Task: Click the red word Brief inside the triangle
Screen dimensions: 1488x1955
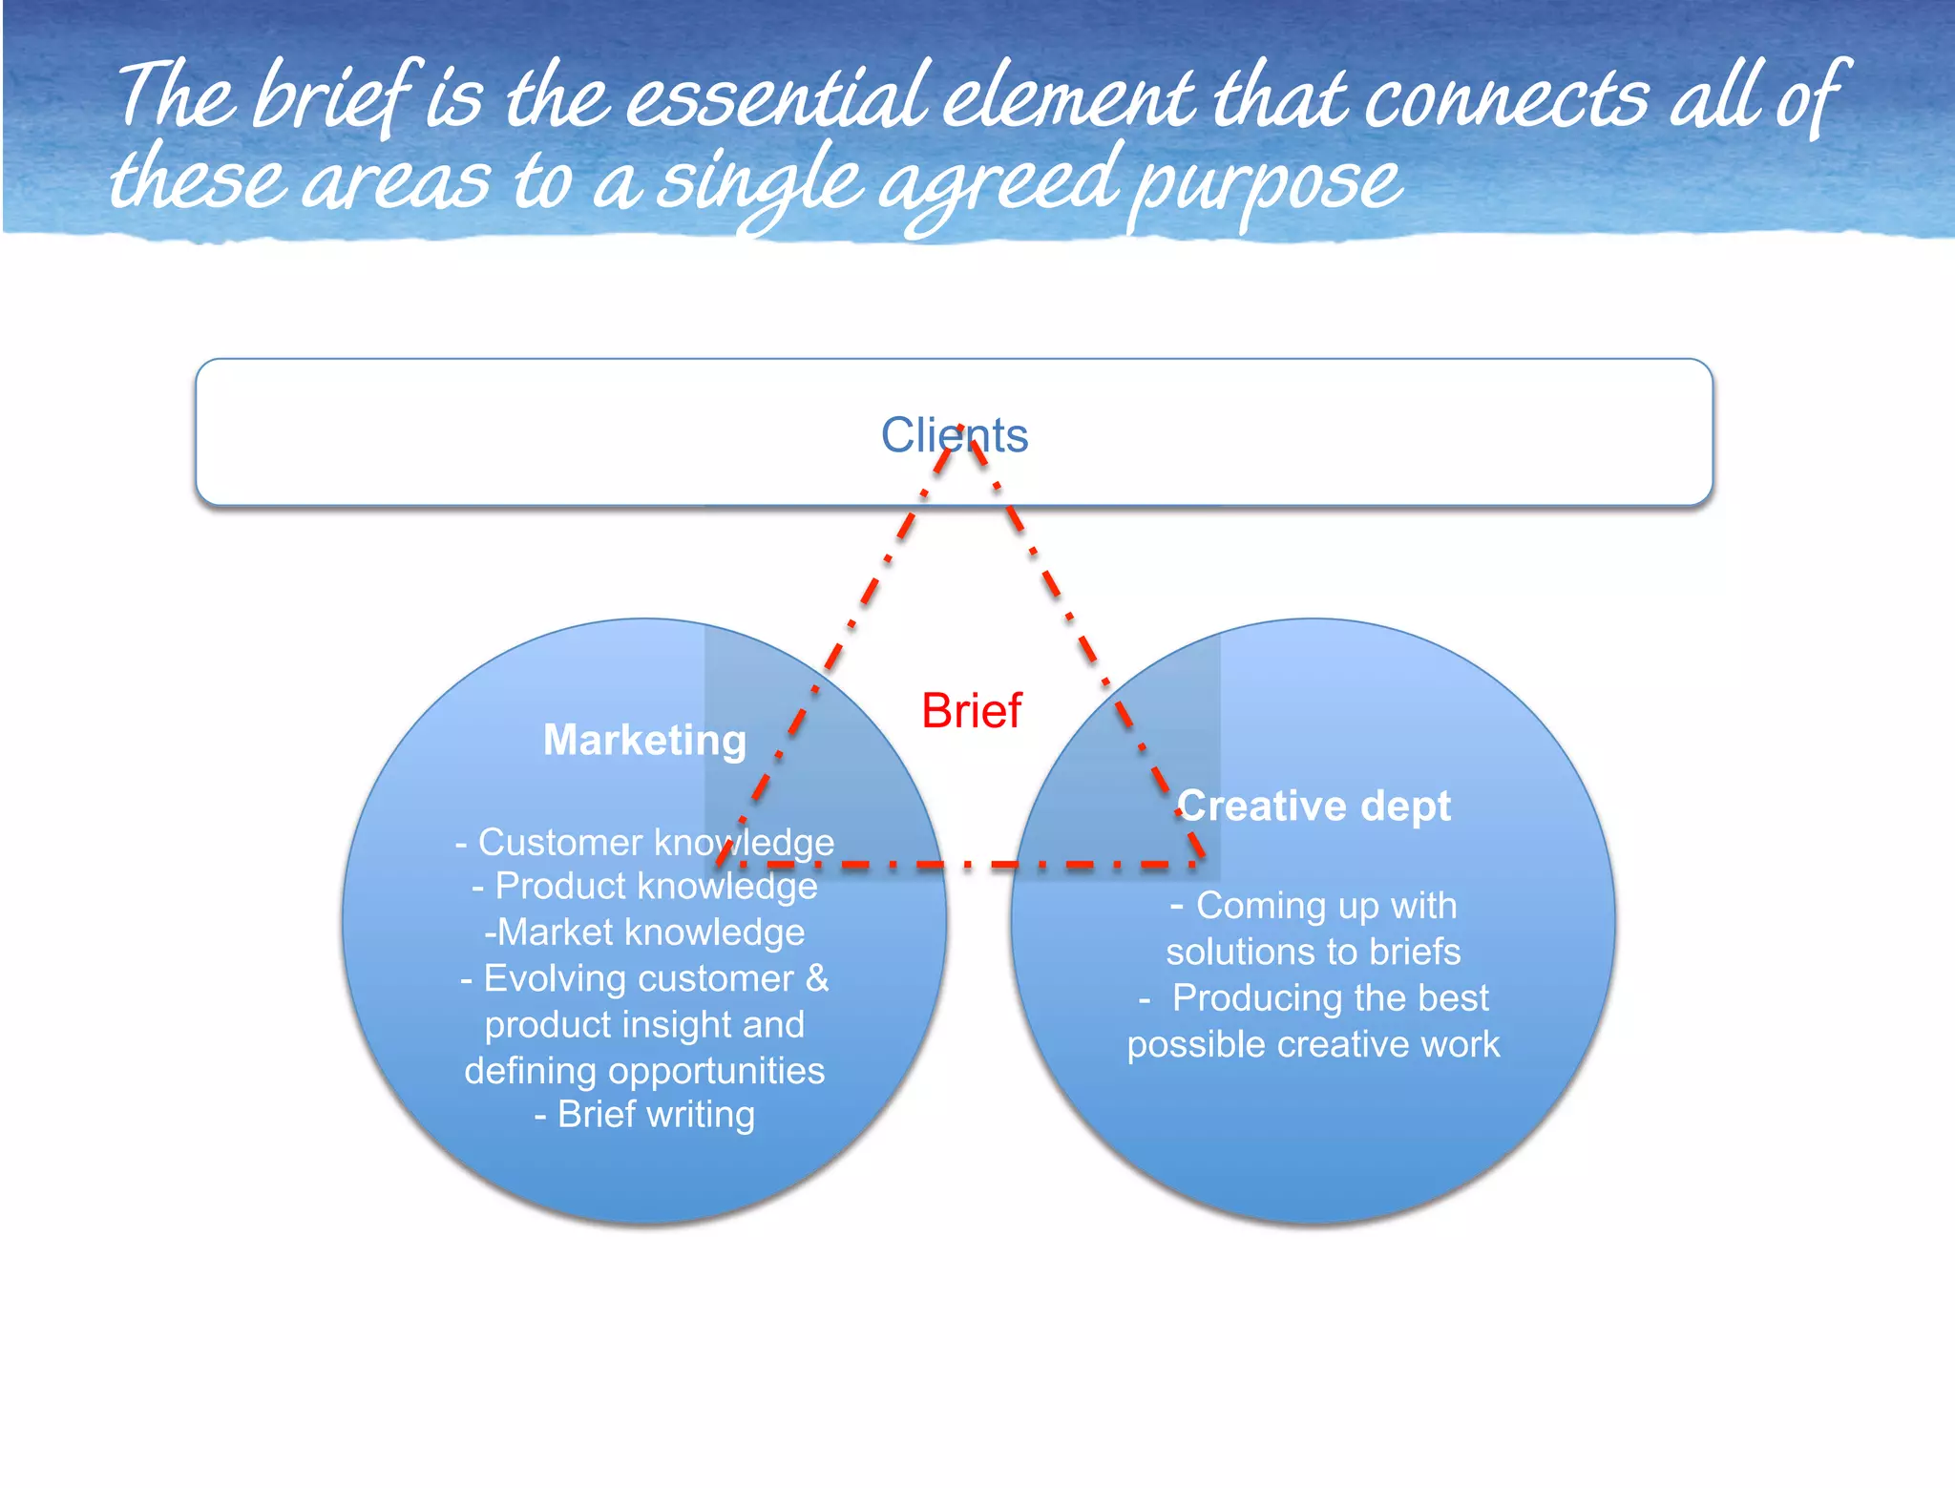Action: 971,711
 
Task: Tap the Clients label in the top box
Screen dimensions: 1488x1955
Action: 954,435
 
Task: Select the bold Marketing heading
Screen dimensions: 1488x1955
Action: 644,741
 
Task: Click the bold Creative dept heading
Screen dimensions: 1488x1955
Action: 1314,807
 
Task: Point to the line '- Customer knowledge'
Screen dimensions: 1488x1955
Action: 644,843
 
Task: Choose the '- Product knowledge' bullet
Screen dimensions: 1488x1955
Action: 644,887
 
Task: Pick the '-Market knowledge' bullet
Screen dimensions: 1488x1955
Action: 644,933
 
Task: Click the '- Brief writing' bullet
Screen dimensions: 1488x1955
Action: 644,1115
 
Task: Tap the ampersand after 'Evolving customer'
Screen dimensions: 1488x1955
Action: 817,978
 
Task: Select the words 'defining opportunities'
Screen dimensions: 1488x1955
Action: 644,1071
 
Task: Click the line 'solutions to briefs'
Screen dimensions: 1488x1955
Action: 1314,953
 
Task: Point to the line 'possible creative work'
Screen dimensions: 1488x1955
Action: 1314,1044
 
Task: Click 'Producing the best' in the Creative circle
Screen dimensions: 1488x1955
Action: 1330,998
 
